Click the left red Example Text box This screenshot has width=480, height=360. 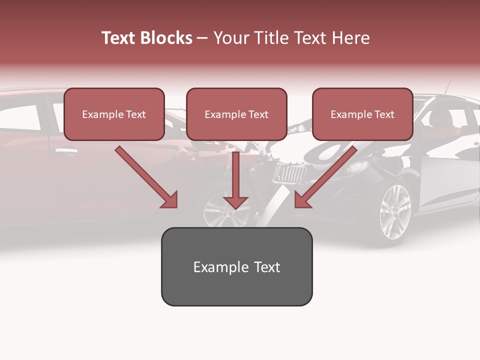(114, 114)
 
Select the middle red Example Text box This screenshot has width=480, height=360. (236, 114)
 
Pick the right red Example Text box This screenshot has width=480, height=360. (362, 114)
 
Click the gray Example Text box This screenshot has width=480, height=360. (236, 266)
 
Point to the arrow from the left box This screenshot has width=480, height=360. (147, 178)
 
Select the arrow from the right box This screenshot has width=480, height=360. (325, 178)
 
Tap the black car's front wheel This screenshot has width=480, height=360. (395, 212)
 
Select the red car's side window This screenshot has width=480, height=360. (22, 117)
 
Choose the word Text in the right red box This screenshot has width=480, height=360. (384, 114)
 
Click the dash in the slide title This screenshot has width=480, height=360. (202, 38)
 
